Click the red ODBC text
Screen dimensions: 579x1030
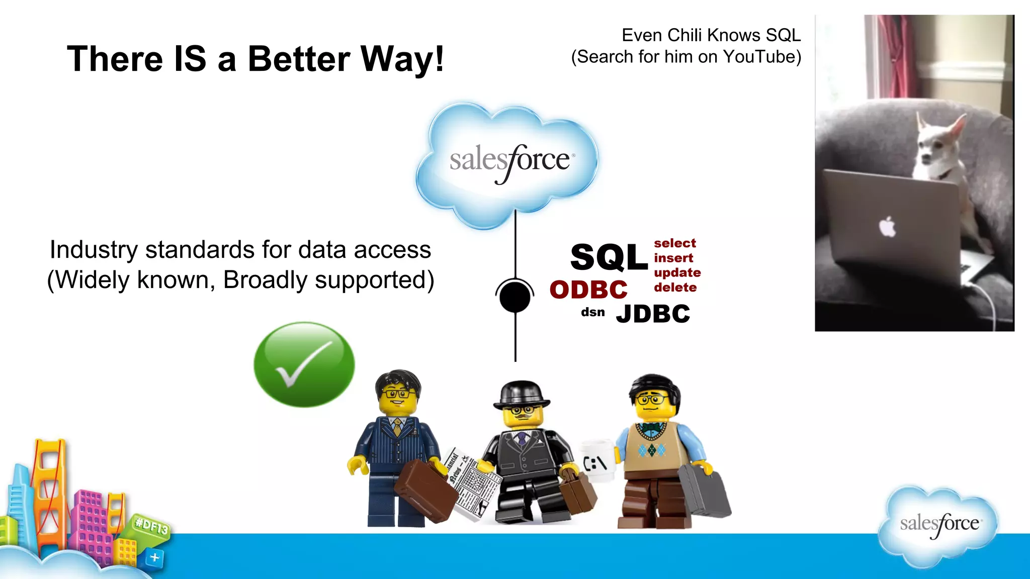point(588,290)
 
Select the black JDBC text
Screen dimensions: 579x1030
point(653,314)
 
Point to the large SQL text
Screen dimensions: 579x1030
point(609,257)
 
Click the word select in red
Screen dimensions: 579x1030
point(674,243)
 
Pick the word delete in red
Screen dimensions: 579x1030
point(675,287)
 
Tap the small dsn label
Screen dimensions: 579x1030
point(592,312)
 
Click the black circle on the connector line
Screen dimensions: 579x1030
point(514,297)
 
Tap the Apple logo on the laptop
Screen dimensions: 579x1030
point(888,227)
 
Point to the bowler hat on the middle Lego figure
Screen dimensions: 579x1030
point(522,394)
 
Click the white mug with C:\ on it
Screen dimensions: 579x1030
point(596,460)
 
